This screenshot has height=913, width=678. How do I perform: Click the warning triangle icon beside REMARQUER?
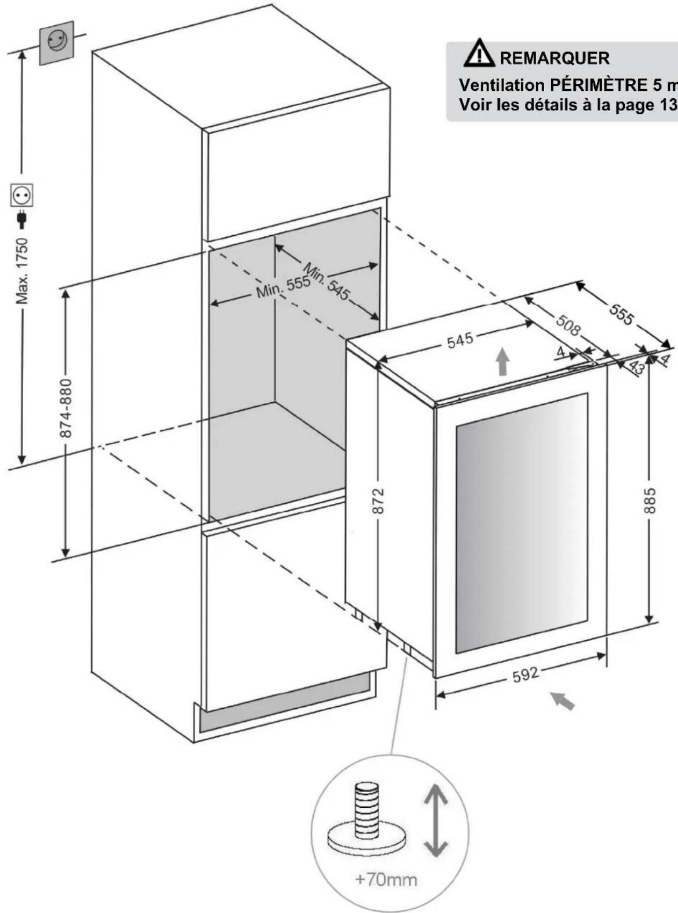[479, 53]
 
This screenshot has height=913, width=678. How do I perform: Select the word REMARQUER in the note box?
[554, 58]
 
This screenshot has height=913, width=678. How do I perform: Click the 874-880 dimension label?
[66, 408]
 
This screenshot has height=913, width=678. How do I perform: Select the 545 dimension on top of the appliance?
[460, 339]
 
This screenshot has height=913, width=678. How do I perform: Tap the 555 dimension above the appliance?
[621, 314]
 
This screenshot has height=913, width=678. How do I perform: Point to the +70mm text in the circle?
[386, 879]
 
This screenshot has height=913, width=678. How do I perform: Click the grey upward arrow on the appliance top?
[502, 361]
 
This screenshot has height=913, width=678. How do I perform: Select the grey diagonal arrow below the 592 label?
[563, 700]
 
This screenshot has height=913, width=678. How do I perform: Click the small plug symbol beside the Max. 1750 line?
[22, 218]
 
